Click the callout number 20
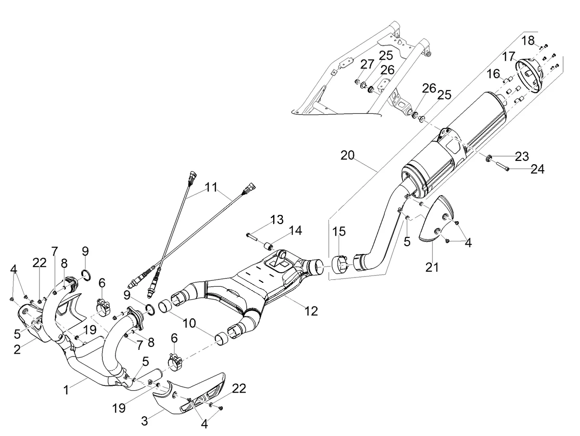(347, 156)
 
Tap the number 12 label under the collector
(311, 311)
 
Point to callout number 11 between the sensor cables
(212, 187)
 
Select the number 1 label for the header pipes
(66, 390)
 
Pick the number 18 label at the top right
(528, 40)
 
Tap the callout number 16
(493, 74)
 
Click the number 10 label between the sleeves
(189, 323)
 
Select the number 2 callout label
(17, 349)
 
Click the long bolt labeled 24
(501, 166)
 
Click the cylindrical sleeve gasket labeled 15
(339, 264)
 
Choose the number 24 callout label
(538, 169)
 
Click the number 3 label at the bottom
(145, 421)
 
